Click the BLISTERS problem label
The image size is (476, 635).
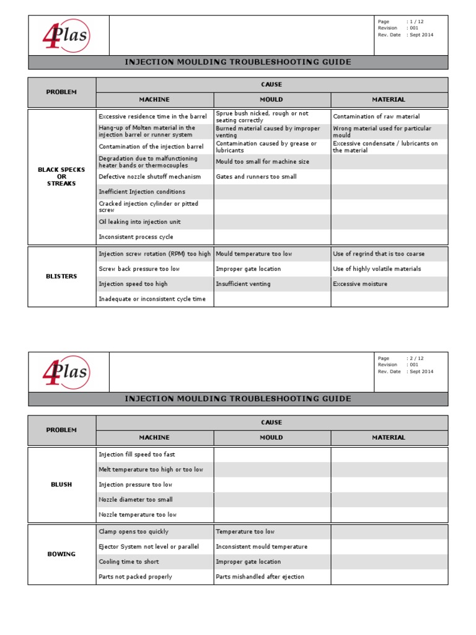(61, 277)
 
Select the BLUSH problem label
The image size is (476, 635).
(61, 485)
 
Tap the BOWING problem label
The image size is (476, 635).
(61, 554)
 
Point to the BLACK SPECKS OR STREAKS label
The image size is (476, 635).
(61, 177)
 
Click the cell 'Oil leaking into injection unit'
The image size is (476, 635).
(139, 222)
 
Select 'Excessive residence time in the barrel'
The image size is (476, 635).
(152, 117)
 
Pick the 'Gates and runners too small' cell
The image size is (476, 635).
(256, 177)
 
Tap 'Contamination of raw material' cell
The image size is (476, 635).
(376, 117)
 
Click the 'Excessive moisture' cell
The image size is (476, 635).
(360, 284)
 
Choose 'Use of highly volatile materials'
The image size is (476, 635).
(377, 269)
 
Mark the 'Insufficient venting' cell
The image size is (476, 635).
(243, 284)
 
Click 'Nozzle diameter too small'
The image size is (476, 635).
(136, 500)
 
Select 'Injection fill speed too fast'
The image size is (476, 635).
(137, 455)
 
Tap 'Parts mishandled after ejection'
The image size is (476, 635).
(260, 577)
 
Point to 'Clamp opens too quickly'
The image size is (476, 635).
(133, 532)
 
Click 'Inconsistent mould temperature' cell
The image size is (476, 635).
(262, 547)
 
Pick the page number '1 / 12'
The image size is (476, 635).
(416, 22)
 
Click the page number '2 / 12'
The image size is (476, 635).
(416, 358)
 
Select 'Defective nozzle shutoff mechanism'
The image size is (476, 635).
(149, 177)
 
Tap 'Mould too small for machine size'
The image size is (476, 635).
(262, 162)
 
